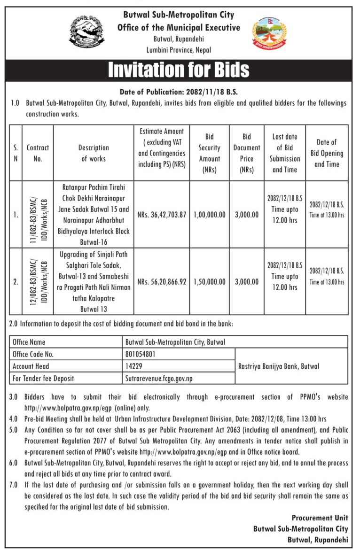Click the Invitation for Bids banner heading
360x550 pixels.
click(x=179, y=70)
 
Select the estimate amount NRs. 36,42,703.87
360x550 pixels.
click(x=162, y=215)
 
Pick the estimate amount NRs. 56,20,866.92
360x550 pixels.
click(x=162, y=282)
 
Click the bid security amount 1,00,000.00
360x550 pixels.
click(x=209, y=215)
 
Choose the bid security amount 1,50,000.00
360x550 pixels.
click(x=209, y=282)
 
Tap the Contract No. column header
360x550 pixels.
click(x=38, y=153)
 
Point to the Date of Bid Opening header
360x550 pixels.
click(x=327, y=153)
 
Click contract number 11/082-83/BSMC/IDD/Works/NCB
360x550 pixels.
click(x=38, y=214)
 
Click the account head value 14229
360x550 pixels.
click(x=133, y=366)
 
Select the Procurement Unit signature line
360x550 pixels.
click(x=320, y=518)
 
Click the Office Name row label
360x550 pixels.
click(x=29, y=342)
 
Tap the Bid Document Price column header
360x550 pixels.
click(x=246, y=153)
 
